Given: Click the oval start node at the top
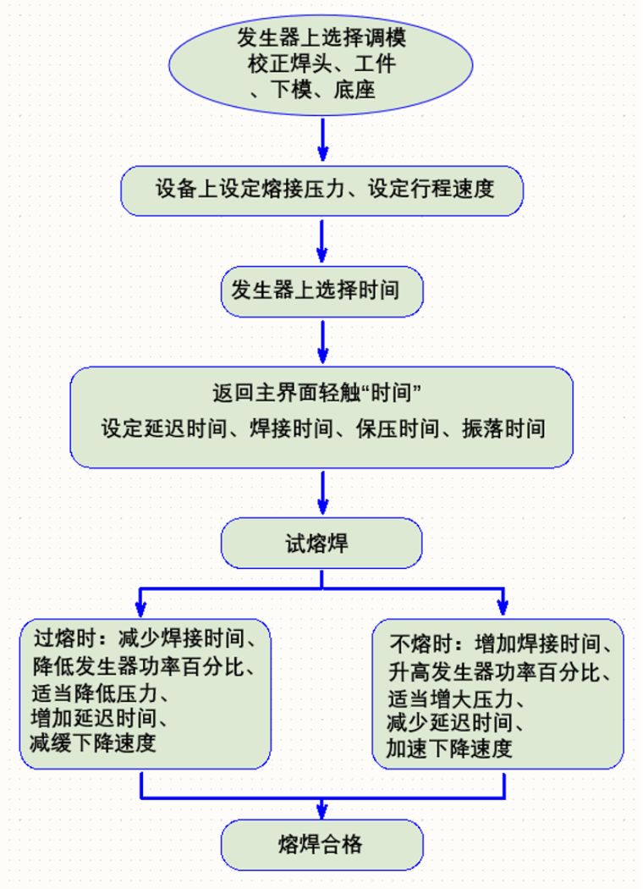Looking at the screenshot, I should tap(321, 63).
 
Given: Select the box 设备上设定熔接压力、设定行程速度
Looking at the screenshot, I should tap(321, 190).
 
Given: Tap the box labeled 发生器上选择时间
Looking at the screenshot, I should tap(321, 291).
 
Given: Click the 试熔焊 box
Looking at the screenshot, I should tap(321, 543).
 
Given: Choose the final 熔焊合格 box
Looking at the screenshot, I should tap(321, 844).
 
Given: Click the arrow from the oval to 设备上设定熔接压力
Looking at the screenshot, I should tap(321, 139).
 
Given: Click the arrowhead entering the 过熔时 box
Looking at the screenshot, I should tap(140, 608).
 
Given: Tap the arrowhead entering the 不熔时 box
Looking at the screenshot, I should tap(503, 608).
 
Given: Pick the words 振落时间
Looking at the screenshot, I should tap(503, 428).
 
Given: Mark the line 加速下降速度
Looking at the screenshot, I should tap(449, 749).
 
